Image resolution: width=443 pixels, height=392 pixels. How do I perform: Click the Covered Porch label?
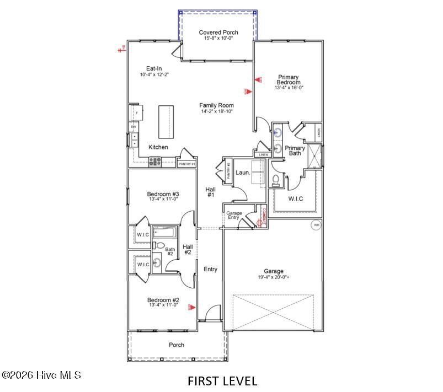point(218,33)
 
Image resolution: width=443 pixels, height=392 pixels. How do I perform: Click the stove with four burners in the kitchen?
point(155,162)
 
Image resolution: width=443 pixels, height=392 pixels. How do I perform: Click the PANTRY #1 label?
point(186,164)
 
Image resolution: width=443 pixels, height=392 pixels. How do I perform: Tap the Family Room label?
point(217,105)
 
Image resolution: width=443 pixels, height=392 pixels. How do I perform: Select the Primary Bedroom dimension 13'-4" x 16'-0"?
point(289,88)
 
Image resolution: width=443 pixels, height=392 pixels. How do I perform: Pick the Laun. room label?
point(243,173)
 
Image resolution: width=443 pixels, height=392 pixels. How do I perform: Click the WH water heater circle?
point(316,225)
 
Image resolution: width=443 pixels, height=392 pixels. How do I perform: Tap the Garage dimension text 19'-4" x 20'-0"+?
point(273,278)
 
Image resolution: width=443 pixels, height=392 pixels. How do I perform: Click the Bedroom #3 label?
point(163,194)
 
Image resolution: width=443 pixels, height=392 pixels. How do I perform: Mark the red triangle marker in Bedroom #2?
point(191,307)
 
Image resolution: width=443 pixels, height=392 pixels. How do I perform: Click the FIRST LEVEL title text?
point(222,380)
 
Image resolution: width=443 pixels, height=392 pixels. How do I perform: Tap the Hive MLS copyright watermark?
point(42,375)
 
